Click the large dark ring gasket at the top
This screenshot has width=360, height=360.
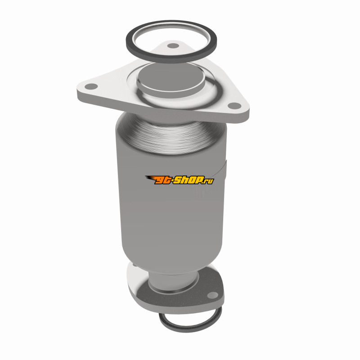coord(171,60)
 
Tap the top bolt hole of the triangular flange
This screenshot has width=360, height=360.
coord(173,46)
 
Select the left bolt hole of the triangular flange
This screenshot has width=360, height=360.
coord(91,86)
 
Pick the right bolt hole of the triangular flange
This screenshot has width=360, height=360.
coord(234,106)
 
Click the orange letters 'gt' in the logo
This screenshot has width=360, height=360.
coord(162,180)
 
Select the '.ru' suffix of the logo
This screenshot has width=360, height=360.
coord(208,181)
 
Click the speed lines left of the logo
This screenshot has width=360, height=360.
coord(150,178)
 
